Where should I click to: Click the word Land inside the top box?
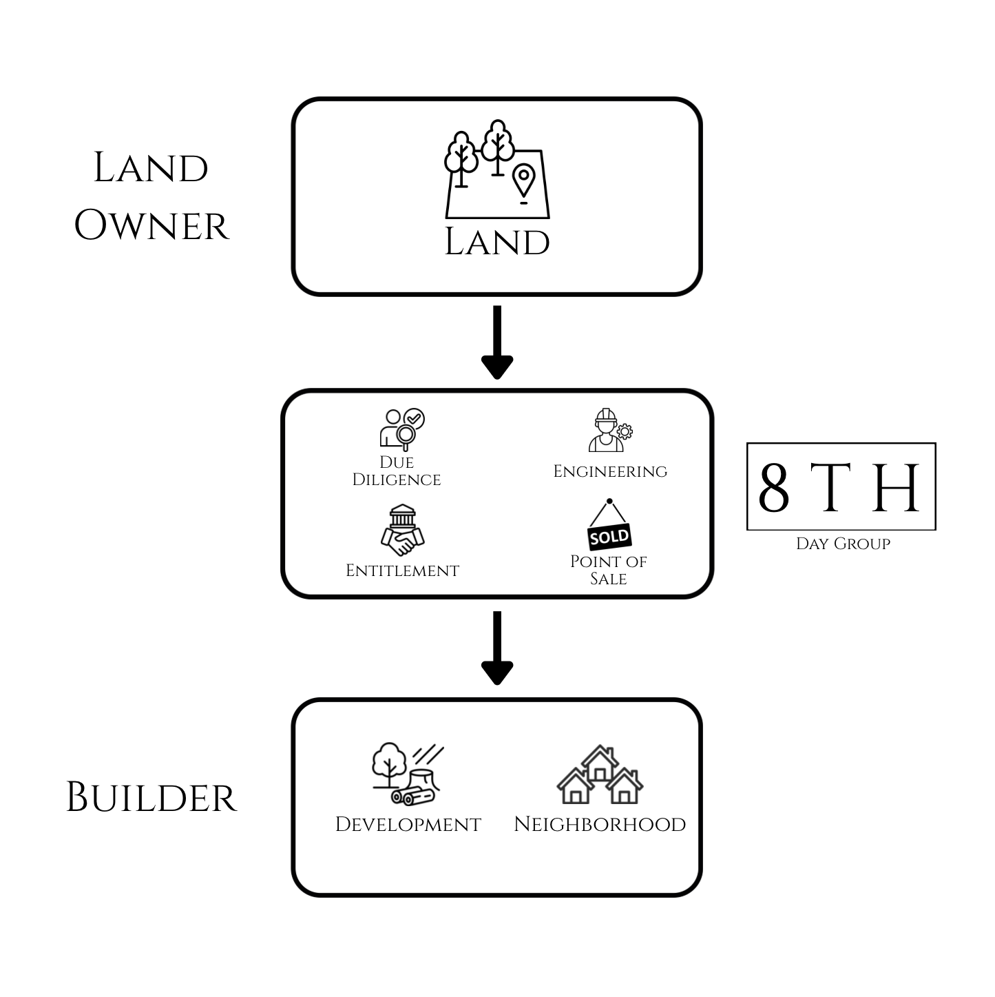(496, 242)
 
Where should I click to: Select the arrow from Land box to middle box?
(496, 342)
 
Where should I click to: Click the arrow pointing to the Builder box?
(496, 648)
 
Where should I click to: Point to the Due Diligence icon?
(403, 429)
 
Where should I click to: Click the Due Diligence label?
(397, 471)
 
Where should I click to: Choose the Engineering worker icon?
(609, 431)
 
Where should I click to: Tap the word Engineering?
(610, 471)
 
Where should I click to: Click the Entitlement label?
(402, 571)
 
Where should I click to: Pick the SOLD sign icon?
(609, 525)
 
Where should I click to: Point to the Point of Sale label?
(608, 570)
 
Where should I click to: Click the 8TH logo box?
(841, 486)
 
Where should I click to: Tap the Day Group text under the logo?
(843, 544)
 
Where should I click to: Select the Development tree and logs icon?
(406, 774)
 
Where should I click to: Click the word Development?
(408, 824)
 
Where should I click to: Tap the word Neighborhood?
(600, 824)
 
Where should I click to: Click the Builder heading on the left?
(151, 798)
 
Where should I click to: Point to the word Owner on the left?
(151, 225)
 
